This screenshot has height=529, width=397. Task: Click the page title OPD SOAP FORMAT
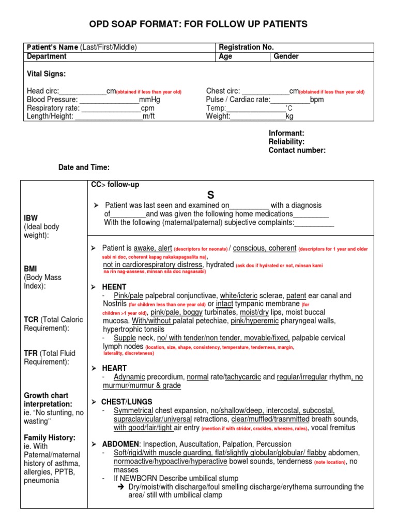click(x=198, y=24)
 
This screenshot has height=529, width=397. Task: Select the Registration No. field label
click(x=246, y=47)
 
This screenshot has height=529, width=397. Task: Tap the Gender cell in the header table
click(x=286, y=56)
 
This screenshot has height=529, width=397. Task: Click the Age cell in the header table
click(x=226, y=56)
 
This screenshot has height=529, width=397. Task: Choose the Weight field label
click(x=218, y=116)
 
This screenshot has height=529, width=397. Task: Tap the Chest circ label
click(x=223, y=91)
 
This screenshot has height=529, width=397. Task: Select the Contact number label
click(x=297, y=150)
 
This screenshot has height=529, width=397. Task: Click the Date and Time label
click(x=83, y=167)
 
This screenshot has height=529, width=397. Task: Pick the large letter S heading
click(x=210, y=195)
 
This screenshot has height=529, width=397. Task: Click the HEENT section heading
click(x=114, y=287)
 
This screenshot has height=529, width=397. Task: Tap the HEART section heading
click(x=114, y=368)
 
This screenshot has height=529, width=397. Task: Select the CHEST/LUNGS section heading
click(x=127, y=402)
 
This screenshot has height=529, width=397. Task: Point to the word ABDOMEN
click(x=119, y=444)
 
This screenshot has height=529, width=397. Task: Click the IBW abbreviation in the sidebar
click(x=31, y=218)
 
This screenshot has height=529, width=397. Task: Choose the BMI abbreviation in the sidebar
click(x=31, y=269)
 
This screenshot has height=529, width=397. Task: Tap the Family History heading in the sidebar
click(x=50, y=438)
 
